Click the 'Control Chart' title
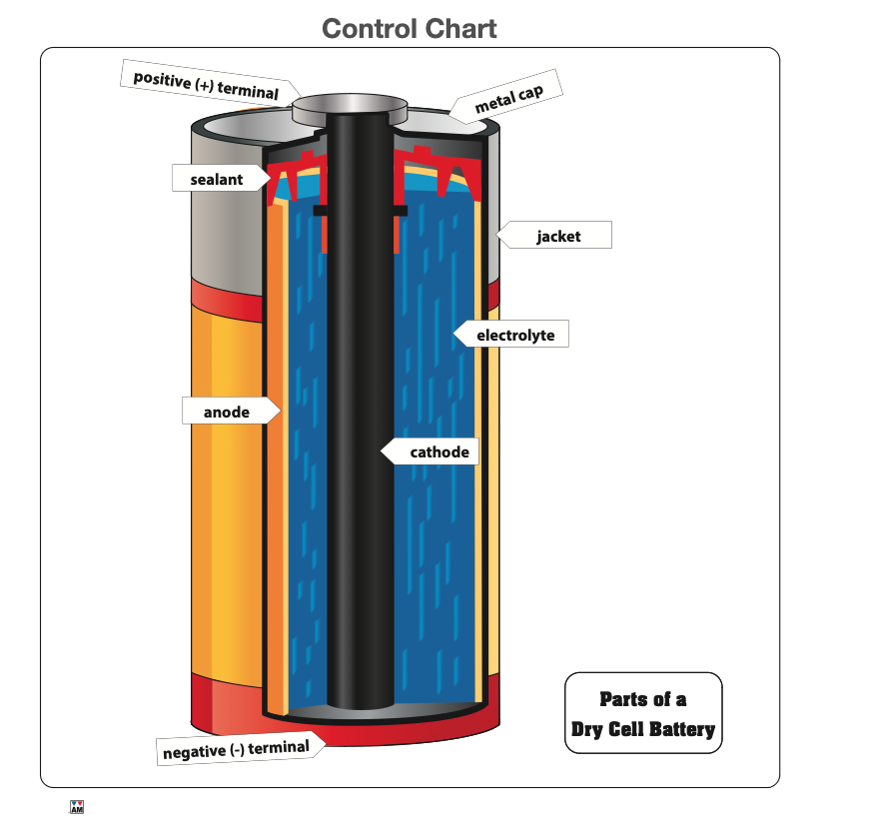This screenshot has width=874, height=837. [410, 28]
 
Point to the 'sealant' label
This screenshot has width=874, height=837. [217, 180]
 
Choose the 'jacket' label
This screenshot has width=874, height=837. [557, 237]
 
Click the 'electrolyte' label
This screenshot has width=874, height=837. [514, 335]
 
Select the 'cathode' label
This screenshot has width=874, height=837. [438, 452]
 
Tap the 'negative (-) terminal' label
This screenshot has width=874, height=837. [236, 749]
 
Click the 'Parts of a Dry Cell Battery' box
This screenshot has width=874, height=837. [643, 713]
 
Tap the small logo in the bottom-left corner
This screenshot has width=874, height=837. [77, 806]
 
